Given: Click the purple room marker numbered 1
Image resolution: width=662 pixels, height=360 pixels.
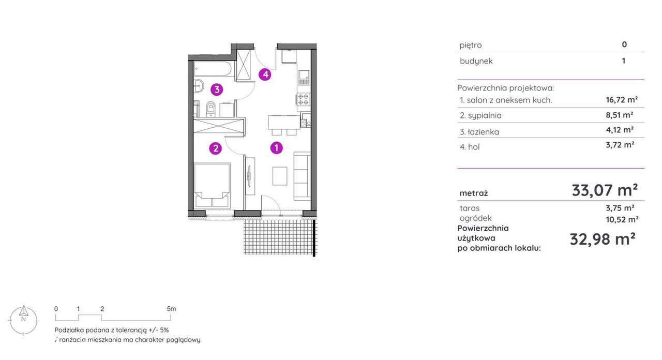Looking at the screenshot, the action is pyautogui.click(x=277, y=147).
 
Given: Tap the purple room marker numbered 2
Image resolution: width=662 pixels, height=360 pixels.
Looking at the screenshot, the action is pyautogui.click(x=216, y=148).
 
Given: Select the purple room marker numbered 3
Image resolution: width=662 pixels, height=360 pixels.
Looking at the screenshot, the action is pyautogui.click(x=217, y=89).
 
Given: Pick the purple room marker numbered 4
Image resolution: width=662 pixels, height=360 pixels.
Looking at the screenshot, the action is pyautogui.click(x=265, y=74).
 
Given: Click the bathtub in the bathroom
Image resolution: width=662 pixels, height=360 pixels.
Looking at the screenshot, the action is pyautogui.click(x=214, y=69).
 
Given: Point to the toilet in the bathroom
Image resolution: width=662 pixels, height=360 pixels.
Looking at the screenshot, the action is pyautogui.click(x=210, y=109).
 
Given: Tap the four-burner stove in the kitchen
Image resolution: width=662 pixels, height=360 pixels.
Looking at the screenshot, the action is pyautogui.click(x=304, y=99).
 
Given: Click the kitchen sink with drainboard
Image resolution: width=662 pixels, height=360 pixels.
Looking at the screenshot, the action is pyautogui.click(x=304, y=78).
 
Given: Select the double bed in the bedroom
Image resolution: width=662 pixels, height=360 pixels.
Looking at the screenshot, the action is pyautogui.click(x=212, y=185).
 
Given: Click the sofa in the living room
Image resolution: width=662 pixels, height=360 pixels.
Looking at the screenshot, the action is pyautogui.click(x=302, y=176).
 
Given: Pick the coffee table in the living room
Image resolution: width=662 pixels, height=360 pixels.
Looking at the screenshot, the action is pyautogui.click(x=280, y=176).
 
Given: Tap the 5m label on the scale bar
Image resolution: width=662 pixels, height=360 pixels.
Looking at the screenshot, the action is pyautogui.click(x=171, y=309).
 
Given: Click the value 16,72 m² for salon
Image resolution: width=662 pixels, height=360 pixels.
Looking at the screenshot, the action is pyautogui.click(x=622, y=100).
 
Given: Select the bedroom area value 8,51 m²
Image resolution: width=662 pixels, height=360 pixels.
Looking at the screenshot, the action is pyautogui.click(x=620, y=115).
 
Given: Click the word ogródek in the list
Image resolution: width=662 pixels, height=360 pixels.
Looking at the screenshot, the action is pyautogui.click(x=475, y=218).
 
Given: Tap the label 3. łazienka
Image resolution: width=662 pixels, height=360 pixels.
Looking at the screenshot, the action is pyautogui.click(x=479, y=132).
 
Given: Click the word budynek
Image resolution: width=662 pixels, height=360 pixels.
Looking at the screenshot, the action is pyautogui.click(x=476, y=61).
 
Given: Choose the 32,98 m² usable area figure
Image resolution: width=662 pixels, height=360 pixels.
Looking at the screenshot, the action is pyautogui.click(x=603, y=239).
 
